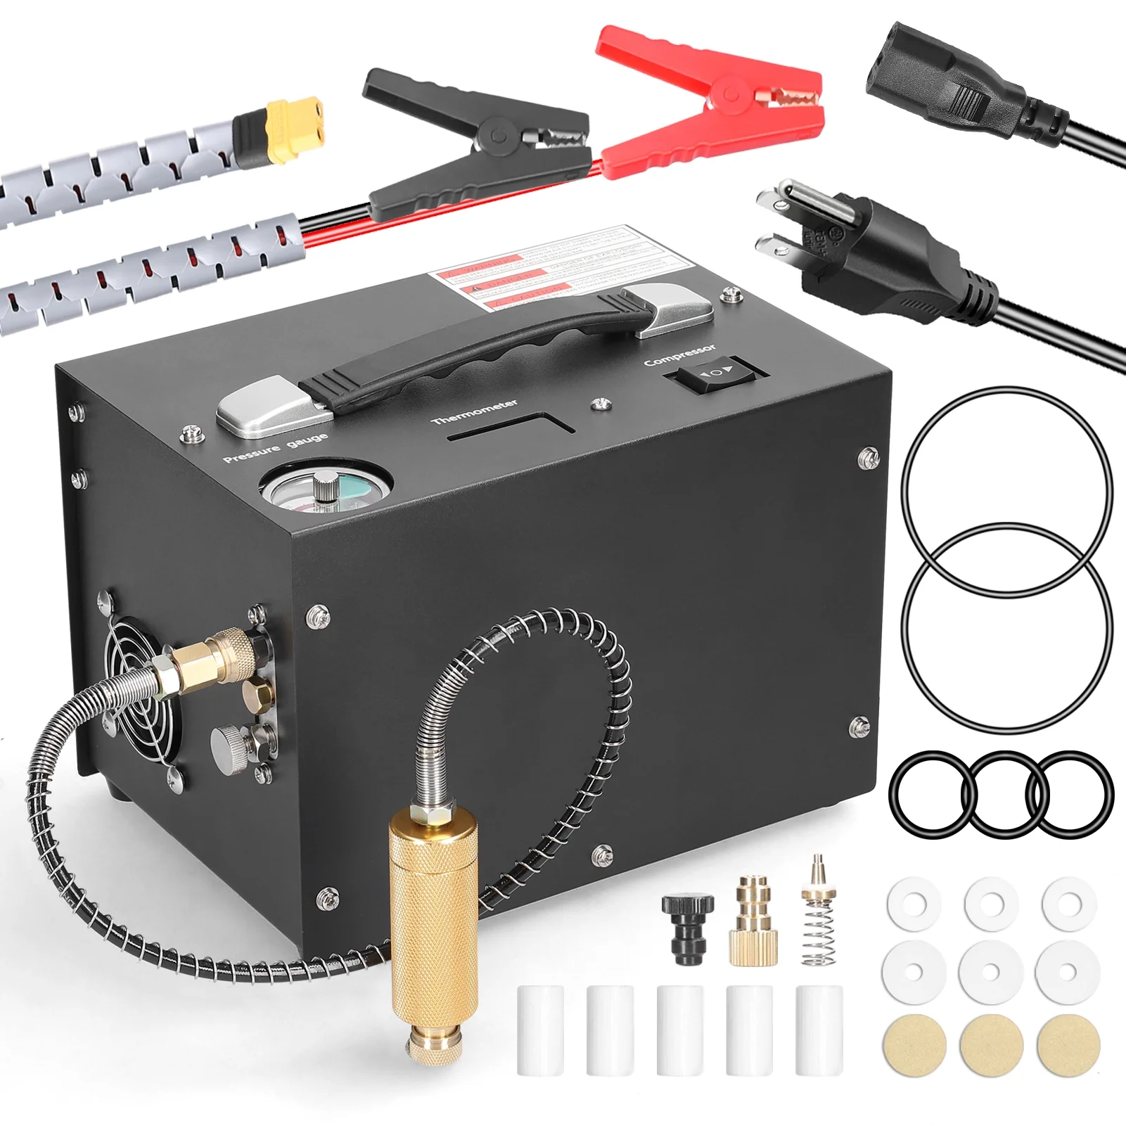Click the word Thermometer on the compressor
coord(475,411)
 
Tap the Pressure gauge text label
coord(276,448)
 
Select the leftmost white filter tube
coord(540,1030)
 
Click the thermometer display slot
coord(510,429)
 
